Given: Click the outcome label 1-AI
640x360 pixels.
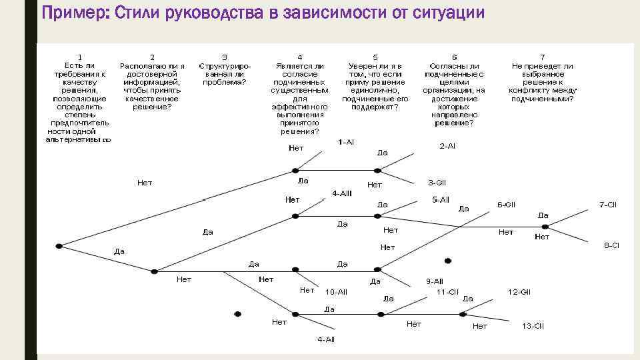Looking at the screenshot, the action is click(346, 142).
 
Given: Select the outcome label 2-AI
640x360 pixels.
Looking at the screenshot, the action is click(447, 145).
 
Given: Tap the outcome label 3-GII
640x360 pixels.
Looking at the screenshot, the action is click(437, 182).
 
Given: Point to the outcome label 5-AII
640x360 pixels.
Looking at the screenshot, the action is click(441, 199).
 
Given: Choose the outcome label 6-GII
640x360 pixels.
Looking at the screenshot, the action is click(507, 204).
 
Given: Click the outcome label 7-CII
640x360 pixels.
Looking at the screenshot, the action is click(607, 205).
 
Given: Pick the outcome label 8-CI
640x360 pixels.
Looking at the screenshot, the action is click(611, 245).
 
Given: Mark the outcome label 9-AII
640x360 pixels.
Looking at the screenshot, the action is click(435, 281).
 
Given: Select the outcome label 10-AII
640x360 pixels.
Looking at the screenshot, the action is click(336, 292).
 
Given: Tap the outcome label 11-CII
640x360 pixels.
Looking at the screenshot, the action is click(447, 291).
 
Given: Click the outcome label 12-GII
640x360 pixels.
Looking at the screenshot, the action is click(519, 291).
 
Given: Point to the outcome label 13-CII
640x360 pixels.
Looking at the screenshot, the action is click(533, 326).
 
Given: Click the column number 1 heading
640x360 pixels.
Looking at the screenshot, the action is click(80, 57).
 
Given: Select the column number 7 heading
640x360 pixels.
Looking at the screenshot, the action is click(543, 57).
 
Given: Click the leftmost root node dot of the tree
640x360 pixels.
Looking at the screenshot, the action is click(59, 246).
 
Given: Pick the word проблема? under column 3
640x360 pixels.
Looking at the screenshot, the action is click(224, 82).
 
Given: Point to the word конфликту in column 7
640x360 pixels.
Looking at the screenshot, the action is click(543, 90).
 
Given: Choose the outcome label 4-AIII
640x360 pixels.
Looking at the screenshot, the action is click(341, 193).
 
